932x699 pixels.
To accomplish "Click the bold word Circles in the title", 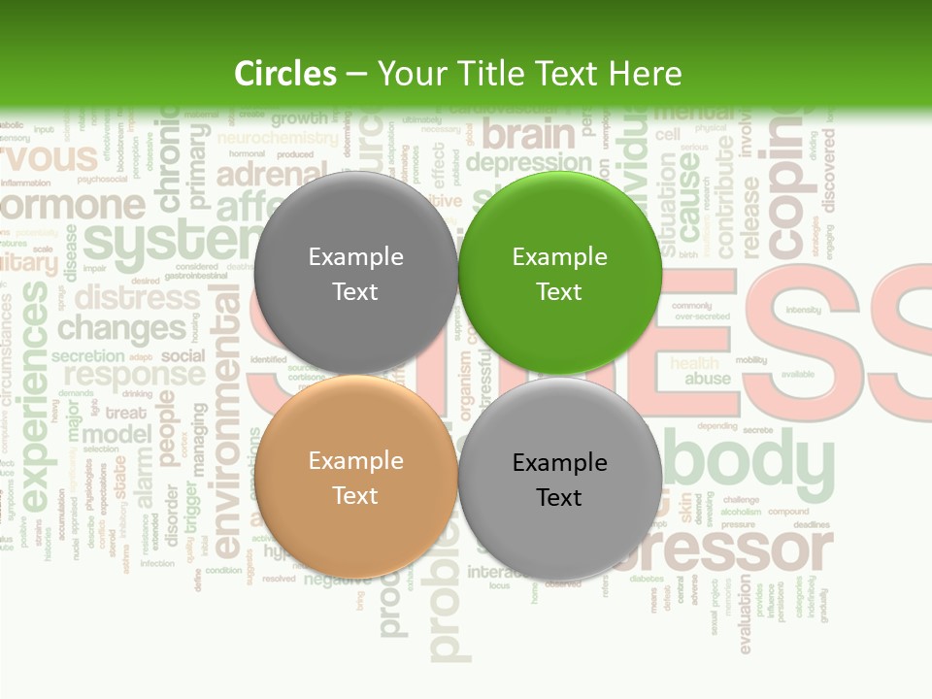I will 284,74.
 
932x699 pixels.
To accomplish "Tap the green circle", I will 560,273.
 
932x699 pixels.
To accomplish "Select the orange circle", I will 355,477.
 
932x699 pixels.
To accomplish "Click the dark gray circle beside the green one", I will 355,273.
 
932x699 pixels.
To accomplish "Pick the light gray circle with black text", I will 560,479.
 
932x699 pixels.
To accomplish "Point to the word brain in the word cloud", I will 529,133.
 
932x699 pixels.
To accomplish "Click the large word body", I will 749,462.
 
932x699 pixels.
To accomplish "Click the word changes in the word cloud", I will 121,328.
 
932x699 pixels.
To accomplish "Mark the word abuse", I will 708,380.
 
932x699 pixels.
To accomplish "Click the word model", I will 116,435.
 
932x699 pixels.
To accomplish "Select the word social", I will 183,355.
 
